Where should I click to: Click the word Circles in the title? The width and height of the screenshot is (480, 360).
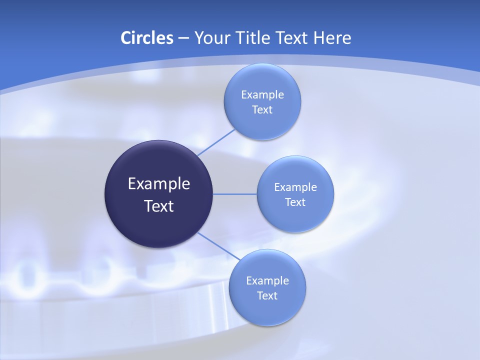point(146,38)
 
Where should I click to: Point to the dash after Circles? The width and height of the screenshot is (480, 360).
point(183,38)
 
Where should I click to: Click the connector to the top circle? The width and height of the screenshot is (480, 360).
point(216,142)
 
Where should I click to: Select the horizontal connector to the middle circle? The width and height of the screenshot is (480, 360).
point(235,194)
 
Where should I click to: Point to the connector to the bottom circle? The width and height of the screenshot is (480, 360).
point(218,246)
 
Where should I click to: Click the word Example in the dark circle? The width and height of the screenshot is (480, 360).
point(159,184)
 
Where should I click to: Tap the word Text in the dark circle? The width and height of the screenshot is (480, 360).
point(159,206)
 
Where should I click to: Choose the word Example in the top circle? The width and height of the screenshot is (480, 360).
point(262,94)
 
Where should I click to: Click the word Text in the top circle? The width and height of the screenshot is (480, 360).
point(262,109)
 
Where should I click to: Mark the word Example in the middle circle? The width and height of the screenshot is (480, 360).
point(295,187)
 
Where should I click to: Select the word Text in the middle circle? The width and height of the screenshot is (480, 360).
point(295,202)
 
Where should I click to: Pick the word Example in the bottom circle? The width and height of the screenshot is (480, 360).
point(267,280)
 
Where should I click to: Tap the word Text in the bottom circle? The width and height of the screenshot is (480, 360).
point(267,295)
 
